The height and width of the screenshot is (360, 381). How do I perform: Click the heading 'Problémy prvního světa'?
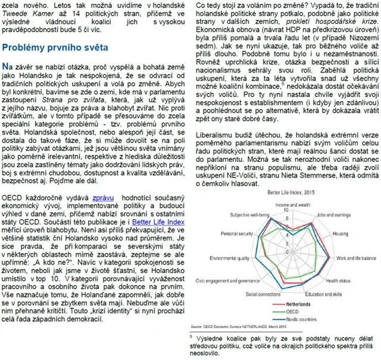point(55,48)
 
